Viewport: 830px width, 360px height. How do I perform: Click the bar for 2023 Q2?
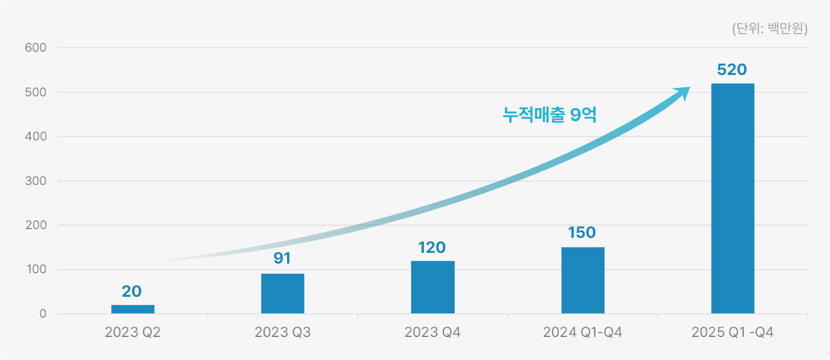click(133, 309)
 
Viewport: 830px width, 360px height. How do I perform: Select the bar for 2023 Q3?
click(283, 294)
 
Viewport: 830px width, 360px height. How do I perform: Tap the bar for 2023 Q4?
click(433, 287)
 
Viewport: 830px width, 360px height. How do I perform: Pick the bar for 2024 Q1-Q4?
click(583, 280)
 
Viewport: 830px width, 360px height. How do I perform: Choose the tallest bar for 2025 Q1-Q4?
click(733, 198)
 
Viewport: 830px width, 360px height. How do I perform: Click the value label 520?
click(732, 70)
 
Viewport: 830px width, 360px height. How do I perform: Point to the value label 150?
click(582, 232)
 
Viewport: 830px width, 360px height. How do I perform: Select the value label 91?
click(282, 258)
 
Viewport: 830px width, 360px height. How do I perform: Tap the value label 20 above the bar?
click(132, 291)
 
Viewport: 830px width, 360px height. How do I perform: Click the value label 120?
click(432, 247)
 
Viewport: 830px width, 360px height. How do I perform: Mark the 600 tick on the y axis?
click(36, 48)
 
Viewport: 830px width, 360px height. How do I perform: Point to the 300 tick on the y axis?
click(36, 181)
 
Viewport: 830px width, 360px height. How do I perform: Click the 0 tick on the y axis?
click(42, 314)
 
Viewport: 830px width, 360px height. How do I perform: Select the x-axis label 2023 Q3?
click(283, 333)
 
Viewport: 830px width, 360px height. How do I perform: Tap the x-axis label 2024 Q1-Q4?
click(583, 333)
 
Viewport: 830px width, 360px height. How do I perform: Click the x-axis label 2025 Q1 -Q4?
click(733, 333)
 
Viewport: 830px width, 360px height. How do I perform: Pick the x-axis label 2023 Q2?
click(133, 333)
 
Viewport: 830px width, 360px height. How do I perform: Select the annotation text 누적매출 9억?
click(549, 115)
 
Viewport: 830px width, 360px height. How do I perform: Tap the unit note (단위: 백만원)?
click(769, 29)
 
